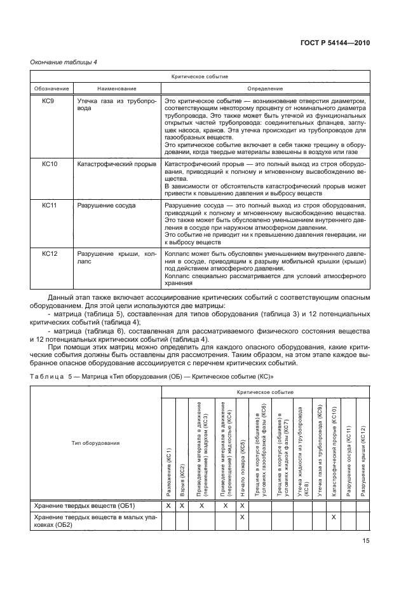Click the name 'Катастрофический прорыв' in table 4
pyautogui.click(x=116, y=164)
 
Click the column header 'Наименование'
pyautogui.click(x=116, y=88)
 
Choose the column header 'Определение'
pyautogui.click(x=265, y=88)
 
